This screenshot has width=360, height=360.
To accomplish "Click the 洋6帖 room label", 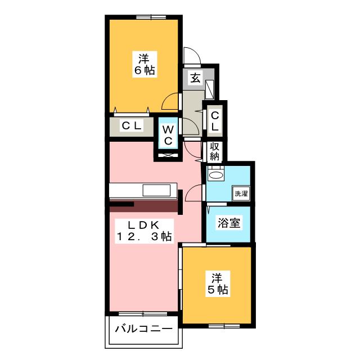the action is tap(145, 64).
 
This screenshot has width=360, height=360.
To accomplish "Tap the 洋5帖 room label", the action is tap(218, 283).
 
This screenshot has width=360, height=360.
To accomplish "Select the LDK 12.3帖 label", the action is tap(144, 231).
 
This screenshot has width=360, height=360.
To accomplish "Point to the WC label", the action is tap(168, 135).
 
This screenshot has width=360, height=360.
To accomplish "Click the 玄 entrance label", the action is tap(195, 78).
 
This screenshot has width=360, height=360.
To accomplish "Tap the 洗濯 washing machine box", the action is tap(241, 193).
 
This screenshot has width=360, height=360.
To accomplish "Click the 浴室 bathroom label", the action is tap(229, 223).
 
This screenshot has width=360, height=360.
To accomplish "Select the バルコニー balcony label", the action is tap(144, 329).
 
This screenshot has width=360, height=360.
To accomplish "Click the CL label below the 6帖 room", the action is tap(131, 125).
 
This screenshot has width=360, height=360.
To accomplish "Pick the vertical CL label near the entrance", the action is tap(215, 121).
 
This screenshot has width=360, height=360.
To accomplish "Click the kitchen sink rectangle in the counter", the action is tap(156, 190).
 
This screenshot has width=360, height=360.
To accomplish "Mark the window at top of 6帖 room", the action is tap(151, 17).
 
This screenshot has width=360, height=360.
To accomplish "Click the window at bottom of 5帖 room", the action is tap(224, 326).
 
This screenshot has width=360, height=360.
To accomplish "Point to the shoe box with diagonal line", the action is tap(210, 90).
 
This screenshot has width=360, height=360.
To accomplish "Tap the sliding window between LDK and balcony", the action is tap(143, 314).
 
